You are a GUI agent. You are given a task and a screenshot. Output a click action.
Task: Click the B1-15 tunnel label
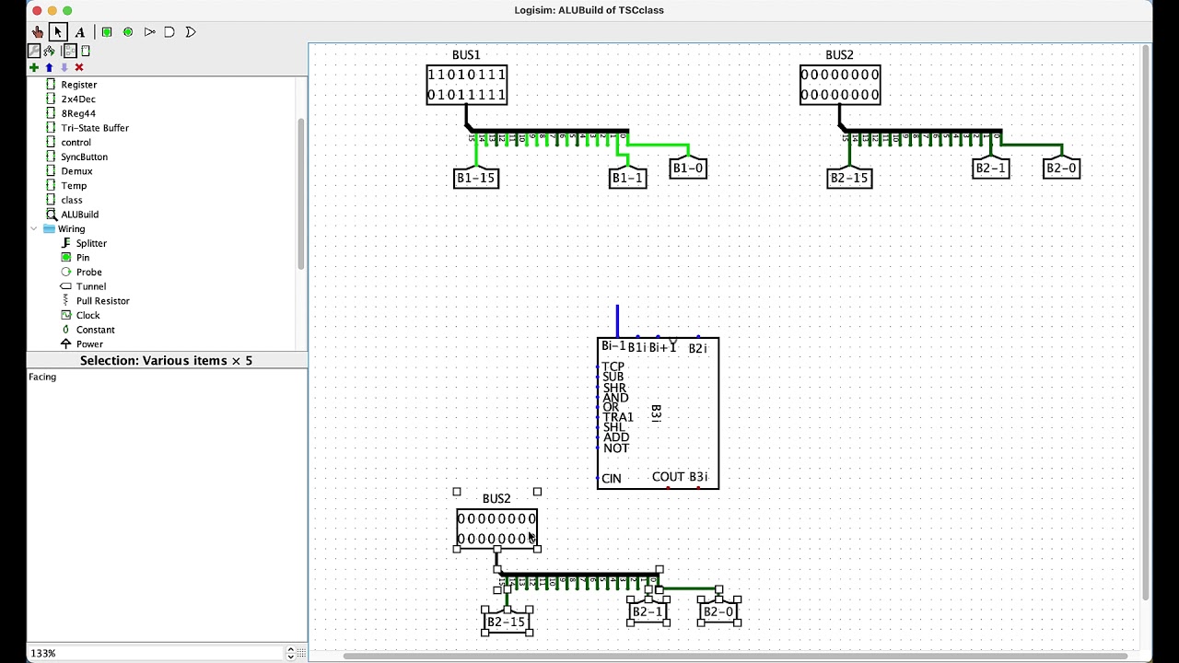(476, 178)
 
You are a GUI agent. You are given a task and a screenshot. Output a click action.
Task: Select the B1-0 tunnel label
(688, 169)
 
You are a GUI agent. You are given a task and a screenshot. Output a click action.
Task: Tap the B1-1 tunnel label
(627, 178)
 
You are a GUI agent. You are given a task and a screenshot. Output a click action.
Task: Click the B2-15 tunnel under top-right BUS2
(849, 178)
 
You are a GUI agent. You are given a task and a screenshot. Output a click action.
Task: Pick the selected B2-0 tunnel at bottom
(718, 611)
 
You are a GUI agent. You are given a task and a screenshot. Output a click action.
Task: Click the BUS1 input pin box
(466, 85)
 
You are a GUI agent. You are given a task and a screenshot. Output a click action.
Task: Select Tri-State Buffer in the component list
(95, 128)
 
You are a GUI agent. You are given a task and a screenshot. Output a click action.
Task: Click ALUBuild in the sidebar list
(79, 215)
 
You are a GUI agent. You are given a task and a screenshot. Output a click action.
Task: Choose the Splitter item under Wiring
(91, 243)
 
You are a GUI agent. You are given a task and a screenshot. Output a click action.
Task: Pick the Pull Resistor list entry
(102, 301)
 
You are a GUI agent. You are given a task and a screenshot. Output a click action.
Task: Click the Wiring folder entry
(71, 228)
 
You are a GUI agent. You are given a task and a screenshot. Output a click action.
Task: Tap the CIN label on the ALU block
(611, 479)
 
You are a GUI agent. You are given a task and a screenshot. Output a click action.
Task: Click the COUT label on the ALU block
(668, 477)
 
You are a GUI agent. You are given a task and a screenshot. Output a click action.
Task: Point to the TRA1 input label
(618, 417)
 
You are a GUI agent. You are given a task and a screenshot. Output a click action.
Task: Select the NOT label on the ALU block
(615, 448)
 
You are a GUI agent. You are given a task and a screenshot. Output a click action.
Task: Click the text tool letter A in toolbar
(80, 32)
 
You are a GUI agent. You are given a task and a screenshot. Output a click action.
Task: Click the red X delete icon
(79, 67)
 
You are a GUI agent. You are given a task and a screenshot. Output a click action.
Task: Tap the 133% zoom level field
(157, 653)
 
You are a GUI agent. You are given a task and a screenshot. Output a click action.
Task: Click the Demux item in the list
(76, 171)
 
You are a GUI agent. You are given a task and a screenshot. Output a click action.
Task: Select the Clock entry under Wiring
(88, 315)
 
